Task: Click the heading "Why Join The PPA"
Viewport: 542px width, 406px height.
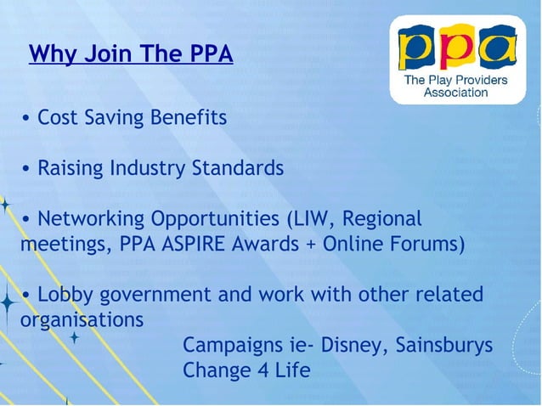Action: tap(131, 55)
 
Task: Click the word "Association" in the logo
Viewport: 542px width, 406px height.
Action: tap(456, 93)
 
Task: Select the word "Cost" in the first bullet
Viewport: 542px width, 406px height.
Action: tap(59, 118)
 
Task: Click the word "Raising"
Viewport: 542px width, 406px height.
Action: tap(71, 169)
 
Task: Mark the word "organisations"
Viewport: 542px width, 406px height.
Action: tap(82, 321)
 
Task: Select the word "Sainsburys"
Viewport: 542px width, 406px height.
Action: tap(444, 347)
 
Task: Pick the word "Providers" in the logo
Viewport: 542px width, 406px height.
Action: tap(478, 80)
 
